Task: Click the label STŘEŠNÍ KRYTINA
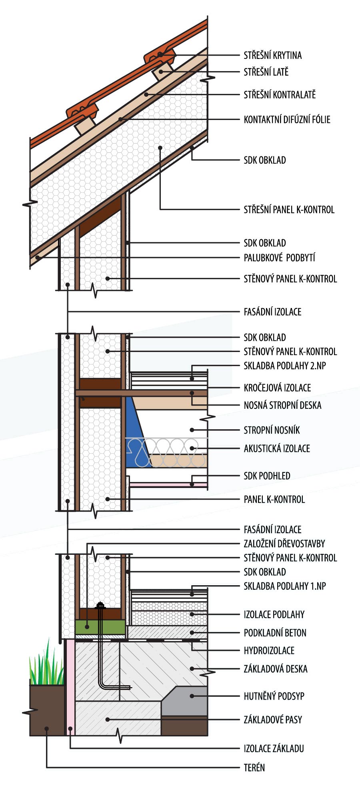click(272, 55)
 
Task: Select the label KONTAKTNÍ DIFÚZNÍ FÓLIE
click(287, 119)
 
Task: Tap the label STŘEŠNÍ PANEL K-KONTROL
click(289, 209)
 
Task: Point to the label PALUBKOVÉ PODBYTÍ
click(279, 258)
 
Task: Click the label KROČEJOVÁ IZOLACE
click(277, 388)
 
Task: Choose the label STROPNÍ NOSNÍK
click(272, 430)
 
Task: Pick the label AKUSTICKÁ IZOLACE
click(277, 448)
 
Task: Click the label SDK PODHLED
click(267, 476)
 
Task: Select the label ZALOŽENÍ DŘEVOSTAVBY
click(284, 544)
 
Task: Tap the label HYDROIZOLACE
click(269, 650)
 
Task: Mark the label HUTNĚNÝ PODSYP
click(274, 696)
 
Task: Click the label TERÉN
click(254, 768)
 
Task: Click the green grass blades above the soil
click(46, 664)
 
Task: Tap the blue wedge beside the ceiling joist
click(135, 432)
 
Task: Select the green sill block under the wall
click(100, 627)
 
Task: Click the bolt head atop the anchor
click(100, 605)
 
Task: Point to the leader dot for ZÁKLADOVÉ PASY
click(107, 720)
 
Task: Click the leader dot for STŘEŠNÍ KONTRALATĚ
click(146, 94)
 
